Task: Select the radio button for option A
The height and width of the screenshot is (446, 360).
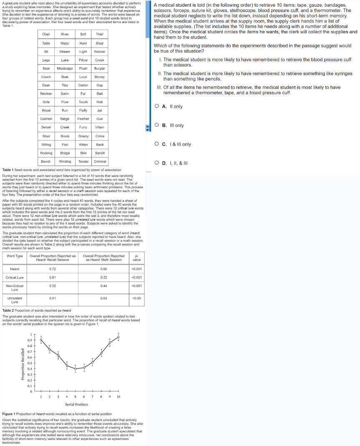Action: (156, 106)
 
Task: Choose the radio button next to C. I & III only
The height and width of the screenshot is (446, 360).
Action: (156, 144)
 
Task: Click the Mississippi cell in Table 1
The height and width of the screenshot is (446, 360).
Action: (65, 68)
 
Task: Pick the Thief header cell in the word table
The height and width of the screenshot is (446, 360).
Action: (100, 34)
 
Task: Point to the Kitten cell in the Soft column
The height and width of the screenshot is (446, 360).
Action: (83, 144)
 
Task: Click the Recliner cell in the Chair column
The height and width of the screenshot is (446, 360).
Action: (46, 93)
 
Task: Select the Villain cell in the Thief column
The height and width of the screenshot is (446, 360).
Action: (100, 127)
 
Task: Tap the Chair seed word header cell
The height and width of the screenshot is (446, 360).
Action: (46, 34)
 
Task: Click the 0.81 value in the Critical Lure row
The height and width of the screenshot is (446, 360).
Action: (53, 277)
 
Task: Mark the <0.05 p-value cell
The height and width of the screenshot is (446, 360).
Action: (136, 298)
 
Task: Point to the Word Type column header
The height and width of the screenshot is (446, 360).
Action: (15, 256)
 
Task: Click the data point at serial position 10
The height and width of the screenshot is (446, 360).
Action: (118, 336)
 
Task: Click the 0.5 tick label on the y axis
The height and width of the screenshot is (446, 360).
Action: (30, 363)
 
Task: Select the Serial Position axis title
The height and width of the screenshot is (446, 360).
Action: (76, 404)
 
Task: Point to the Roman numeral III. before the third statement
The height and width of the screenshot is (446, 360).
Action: (159, 88)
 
